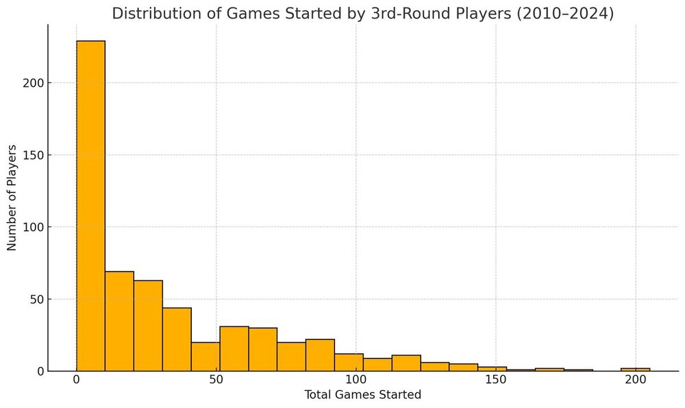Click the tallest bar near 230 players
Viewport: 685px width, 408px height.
click(90, 206)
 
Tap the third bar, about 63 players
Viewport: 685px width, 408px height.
click(148, 325)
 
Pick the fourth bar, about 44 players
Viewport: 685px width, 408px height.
click(177, 339)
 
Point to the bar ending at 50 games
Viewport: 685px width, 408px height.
click(206, 357)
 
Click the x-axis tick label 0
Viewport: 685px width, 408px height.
click(76, 380)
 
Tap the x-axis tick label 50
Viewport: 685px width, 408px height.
click(216, 380)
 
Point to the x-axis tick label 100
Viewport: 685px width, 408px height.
click(356, 380)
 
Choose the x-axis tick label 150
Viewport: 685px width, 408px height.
click(495, 380)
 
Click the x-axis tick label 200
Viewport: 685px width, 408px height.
click(635, 380)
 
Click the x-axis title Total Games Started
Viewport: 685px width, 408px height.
click(363, 395)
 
